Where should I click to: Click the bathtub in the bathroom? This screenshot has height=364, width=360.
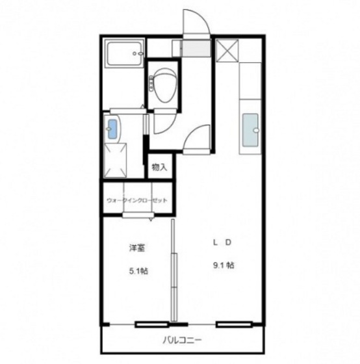pos(124,53)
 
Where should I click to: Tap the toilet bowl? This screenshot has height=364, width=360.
pos(165,85)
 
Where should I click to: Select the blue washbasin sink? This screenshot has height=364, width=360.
pos(112,129)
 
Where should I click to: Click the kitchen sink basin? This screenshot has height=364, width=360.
pos(250,130)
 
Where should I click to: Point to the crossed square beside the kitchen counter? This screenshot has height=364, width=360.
pos(227,51)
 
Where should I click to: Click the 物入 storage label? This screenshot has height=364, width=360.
pos(159,167)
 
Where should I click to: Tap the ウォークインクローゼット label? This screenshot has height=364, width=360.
pos(137,200)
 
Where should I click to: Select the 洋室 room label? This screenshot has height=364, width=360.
pos(137,248)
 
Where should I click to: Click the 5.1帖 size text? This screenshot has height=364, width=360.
pos(138,270)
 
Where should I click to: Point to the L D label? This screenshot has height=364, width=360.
pos(222,242)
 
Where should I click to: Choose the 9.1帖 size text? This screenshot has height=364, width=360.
pos(224,265)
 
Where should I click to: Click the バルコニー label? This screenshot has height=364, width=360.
pos(182,341)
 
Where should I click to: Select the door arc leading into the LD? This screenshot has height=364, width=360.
pos(192,133)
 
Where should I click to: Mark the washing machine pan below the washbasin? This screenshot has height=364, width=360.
pos(116,161)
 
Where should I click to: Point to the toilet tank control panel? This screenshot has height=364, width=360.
pos(151,84)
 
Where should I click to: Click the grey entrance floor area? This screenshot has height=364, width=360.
pos(196,48)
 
